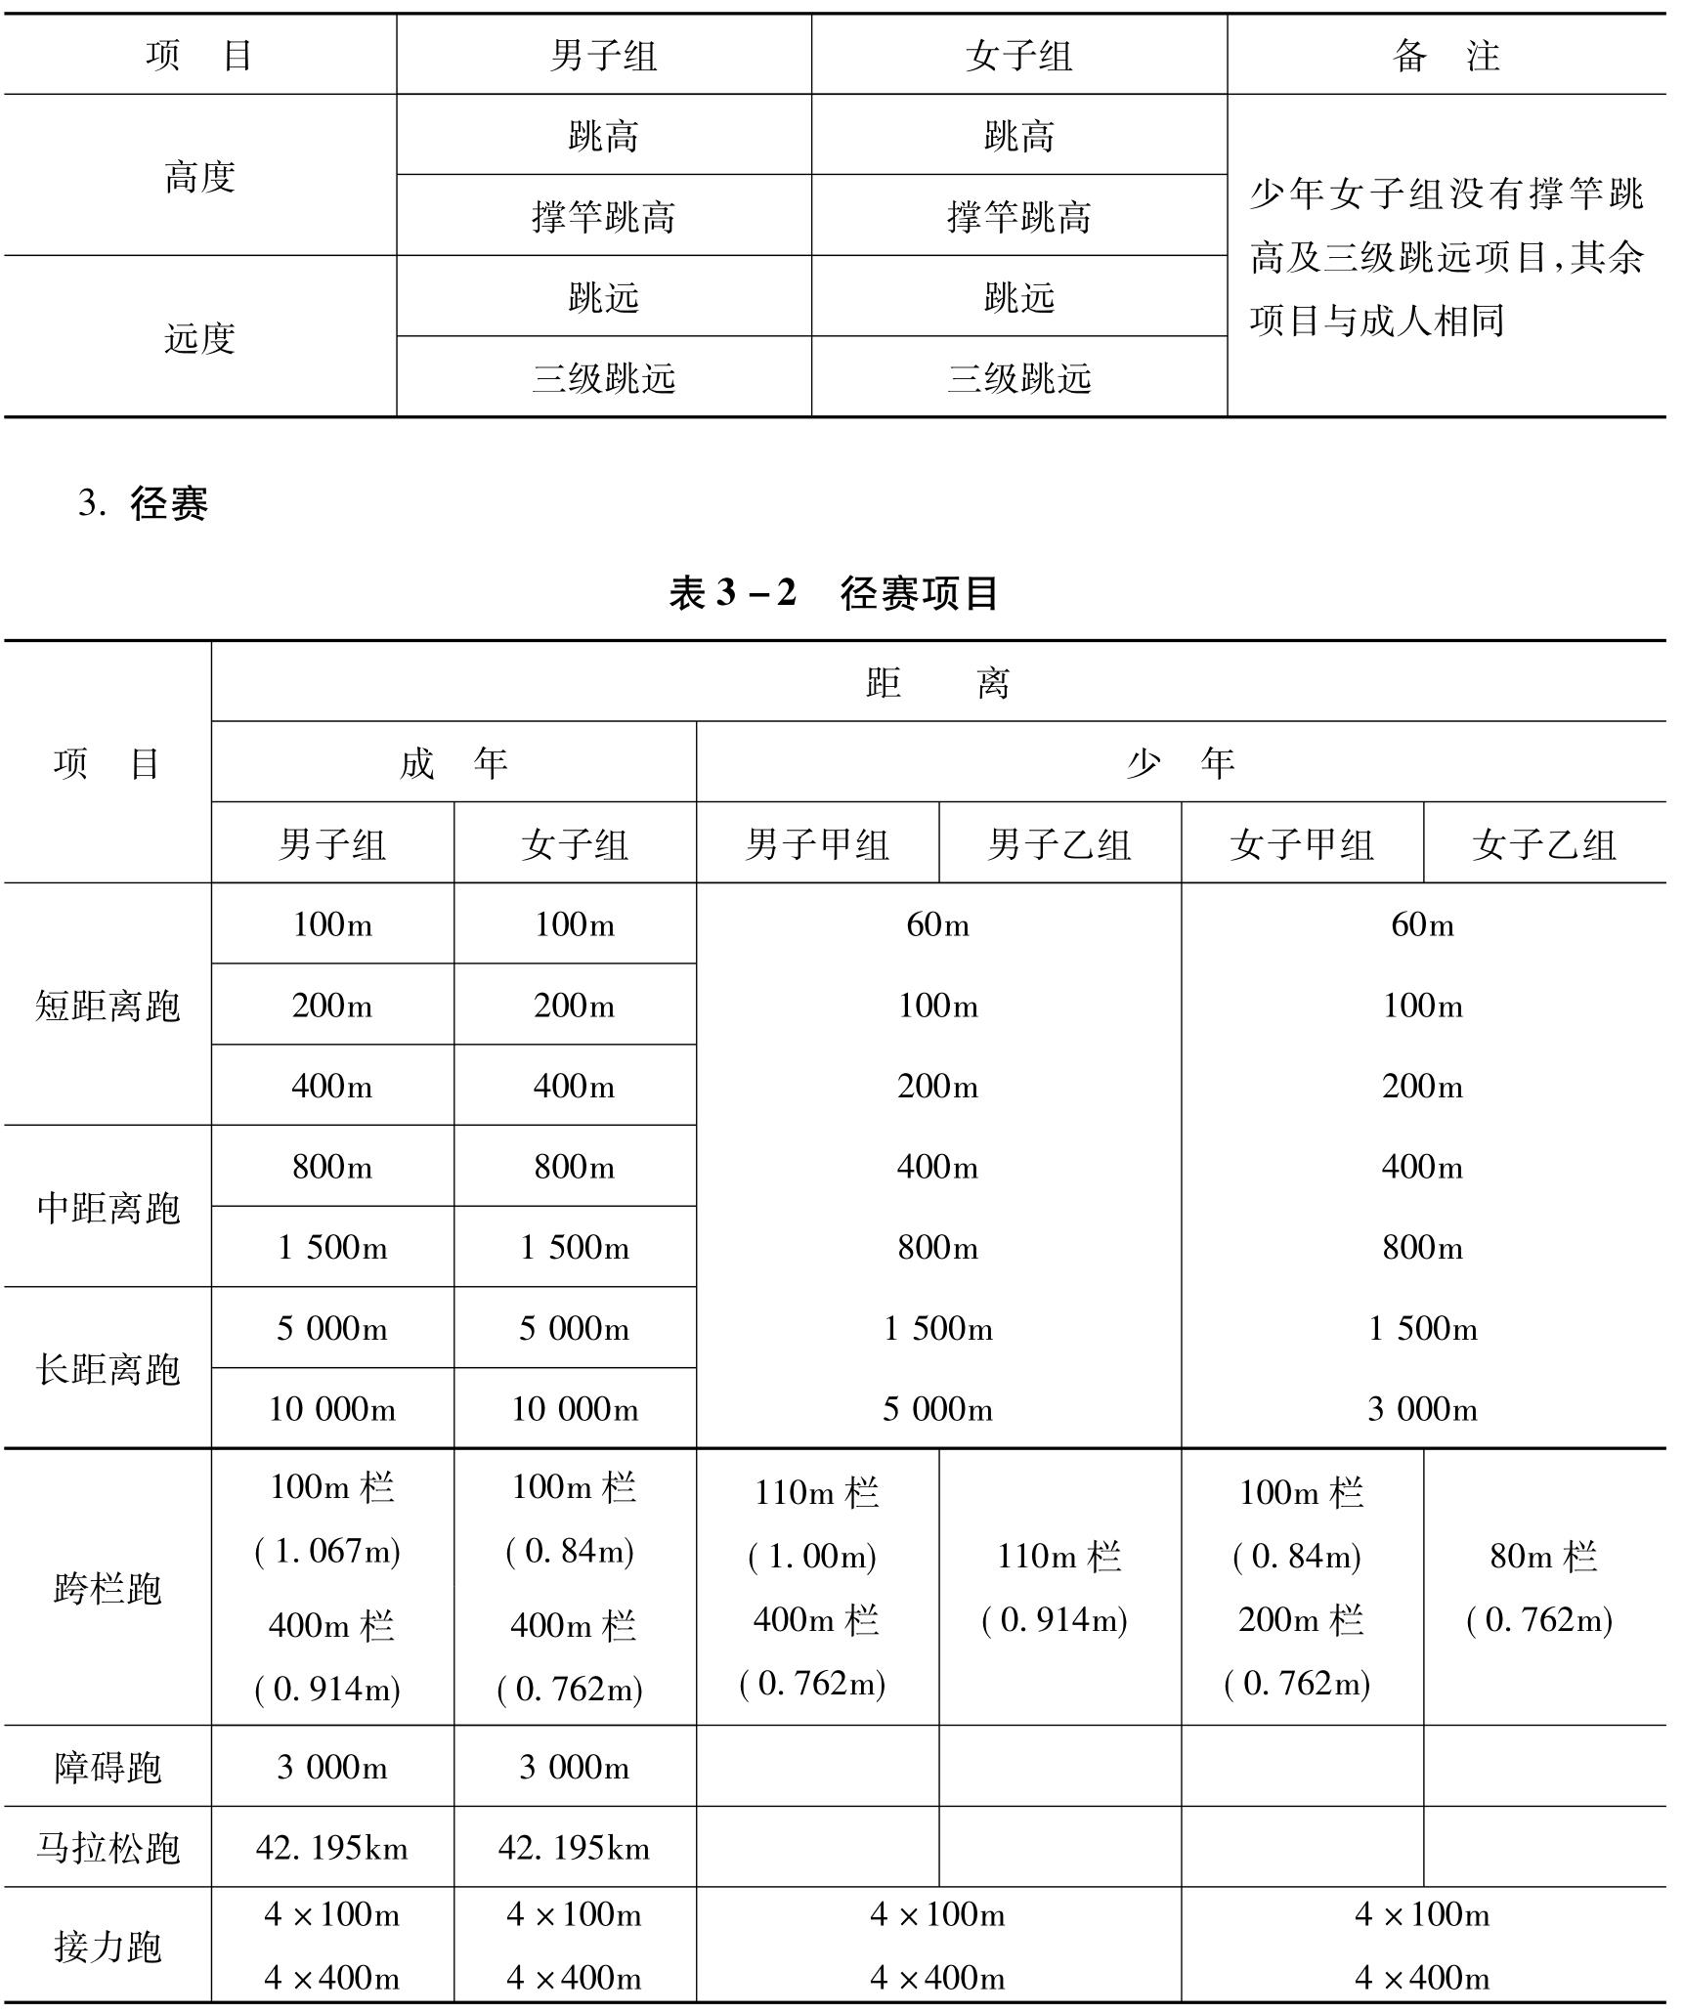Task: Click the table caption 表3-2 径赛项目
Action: point(833,593)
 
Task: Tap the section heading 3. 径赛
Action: point(144,504)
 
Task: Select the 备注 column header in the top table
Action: point(1446,56)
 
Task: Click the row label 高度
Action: point(199,177)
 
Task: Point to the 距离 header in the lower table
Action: point(937,682)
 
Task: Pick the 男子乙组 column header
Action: point(1059,844)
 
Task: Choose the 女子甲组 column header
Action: point(1302,844)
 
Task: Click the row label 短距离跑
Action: point(108,1006)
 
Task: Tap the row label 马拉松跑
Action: point(108,1848)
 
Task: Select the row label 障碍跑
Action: point(108,1768)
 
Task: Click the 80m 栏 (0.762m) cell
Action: point(1543,1588)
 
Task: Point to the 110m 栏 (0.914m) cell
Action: point(1058,1588)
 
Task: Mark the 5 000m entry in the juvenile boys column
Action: point(937,1409)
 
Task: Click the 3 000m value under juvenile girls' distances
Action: point(1422,1409)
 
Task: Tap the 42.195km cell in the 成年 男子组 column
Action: point(331,1848)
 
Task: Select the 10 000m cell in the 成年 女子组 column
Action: point(575,1409)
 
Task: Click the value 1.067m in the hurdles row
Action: point(328,1551)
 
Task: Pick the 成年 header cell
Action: point(453,763)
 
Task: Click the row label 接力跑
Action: point(108,1946)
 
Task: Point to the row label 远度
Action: point(199,338)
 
